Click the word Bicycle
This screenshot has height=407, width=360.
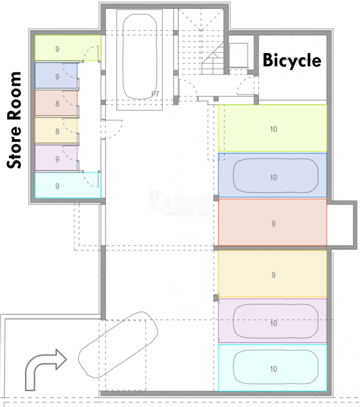(x=292, y=60)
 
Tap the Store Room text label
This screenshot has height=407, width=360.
(x=14, y=120)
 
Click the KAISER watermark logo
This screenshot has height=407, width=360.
(x=180, y=203)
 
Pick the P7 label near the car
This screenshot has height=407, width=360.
(x=155, y=93)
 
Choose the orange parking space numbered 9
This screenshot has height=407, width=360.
(x=273, y=274)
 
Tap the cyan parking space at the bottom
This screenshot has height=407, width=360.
(x=273, y=367)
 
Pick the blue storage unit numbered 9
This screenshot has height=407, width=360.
(x=56, y=76)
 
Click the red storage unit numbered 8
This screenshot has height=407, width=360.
(x=56, y=103)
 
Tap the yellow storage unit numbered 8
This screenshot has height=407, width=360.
(x=56, y=131)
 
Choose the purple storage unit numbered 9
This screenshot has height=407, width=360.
(x=56, y=158)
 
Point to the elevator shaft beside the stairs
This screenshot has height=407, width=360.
(x=238, y=55)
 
